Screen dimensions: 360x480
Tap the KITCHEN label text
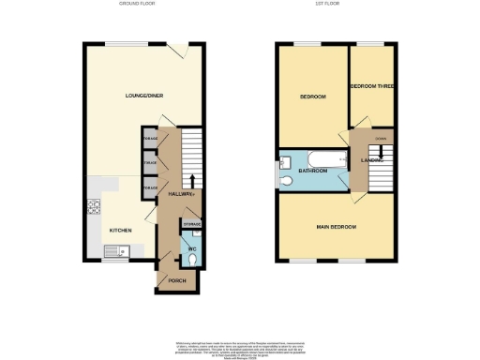click(120, 230)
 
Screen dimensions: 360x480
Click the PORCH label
click(175, 280)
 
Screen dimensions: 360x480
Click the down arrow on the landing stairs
click(381, 152)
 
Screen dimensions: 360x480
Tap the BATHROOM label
click(312, 171)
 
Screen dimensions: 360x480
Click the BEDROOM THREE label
click(371, 86)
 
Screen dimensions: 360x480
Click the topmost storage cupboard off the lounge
click(149, 139)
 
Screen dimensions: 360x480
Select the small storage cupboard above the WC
click(191, 224)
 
